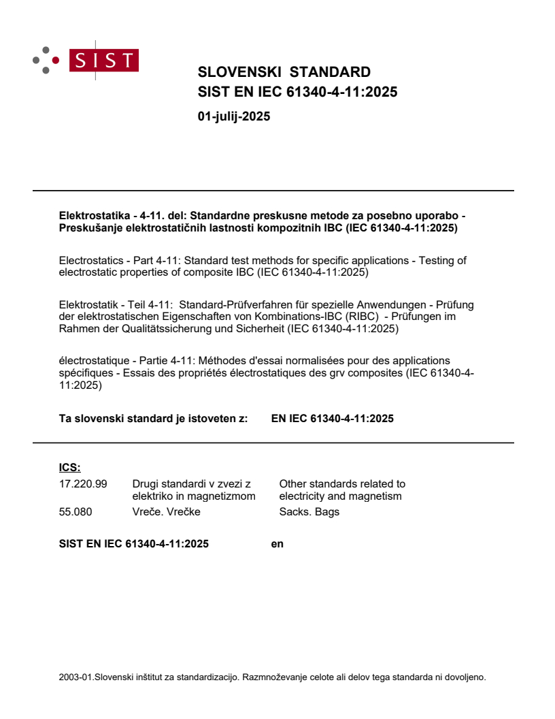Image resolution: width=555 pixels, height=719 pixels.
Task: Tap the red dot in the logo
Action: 56,61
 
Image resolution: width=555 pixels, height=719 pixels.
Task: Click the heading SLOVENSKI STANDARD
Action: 284,72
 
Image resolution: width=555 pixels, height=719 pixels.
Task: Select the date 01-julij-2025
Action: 234,116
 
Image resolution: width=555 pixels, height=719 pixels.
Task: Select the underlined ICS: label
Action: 69,467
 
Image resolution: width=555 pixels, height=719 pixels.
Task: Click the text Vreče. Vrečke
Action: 166,511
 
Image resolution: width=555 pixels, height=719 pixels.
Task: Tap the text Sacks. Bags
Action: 309,511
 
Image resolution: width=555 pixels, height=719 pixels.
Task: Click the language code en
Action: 277,544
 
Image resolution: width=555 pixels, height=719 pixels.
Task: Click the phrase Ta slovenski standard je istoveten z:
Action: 153,419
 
